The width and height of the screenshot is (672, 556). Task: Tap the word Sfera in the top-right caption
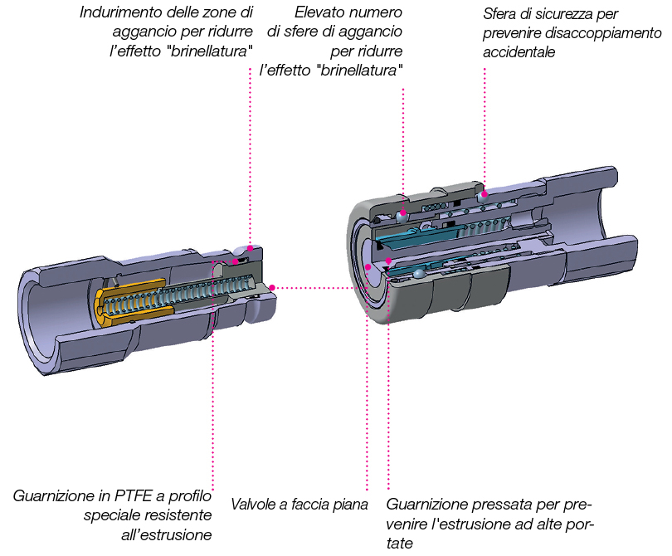click(x=501, y=15)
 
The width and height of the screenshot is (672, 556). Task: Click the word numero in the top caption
click(x=377, y=13)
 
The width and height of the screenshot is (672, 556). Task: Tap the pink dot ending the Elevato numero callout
click(x=404, y=212)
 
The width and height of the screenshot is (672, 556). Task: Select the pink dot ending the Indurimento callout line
click(x=248, y=249)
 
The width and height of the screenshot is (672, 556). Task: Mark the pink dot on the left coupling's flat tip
click(x=271, y=288)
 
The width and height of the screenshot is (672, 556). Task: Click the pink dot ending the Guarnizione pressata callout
click(x=388, y=262)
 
